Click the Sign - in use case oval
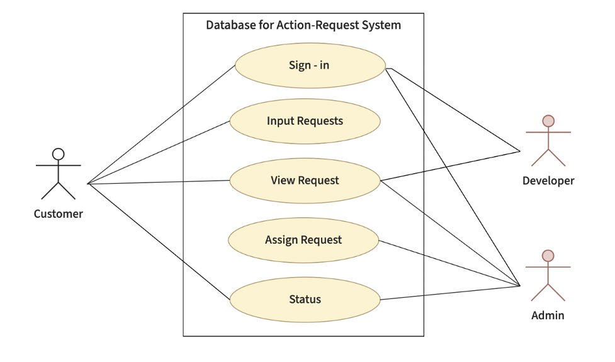coord(309,65)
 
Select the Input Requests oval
coord(305,121)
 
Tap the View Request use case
coord(305,181)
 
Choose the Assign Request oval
coord(303,240)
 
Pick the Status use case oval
coord(305,300)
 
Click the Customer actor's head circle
coord(59,154)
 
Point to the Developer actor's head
coord(548,121)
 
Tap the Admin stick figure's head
coord(548,256)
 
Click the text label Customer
coord(59,214)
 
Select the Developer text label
coord(548,181)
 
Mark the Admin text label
coord(548,315)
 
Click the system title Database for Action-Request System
coord(303,26)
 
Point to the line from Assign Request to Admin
coord(449,263)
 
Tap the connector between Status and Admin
coord(450,293)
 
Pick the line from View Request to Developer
coord(450,166)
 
